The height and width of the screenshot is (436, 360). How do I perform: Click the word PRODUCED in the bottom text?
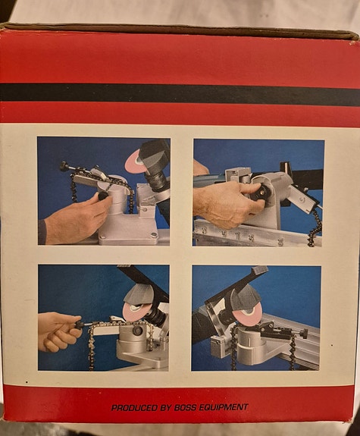[x=135, y=408]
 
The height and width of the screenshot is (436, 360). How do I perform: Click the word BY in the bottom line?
[x=166, y=408]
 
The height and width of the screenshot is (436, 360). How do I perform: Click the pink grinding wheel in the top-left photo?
[x=135, y=162]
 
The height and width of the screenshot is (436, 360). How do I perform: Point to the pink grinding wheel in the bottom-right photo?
[x=247, y=314]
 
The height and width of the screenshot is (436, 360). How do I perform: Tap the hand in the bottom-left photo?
[x=58, y=331]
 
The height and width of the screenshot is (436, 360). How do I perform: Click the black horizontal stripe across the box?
[x=180, y=95]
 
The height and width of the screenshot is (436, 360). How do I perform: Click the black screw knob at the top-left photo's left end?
[x=64, y=166]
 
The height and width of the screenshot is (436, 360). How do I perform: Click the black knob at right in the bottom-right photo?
[x=304, y=333]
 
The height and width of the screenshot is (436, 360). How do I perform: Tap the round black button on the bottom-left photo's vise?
[x=136, y=331]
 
